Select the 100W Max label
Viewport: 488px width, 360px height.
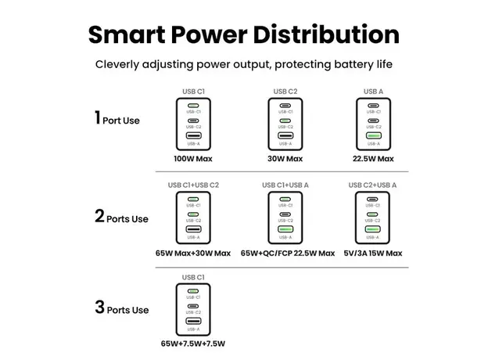coord(194,159)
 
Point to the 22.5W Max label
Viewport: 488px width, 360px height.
coord(373,159)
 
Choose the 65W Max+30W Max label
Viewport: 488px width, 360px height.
coord(193,253)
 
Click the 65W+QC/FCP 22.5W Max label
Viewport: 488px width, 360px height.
coord(287,253)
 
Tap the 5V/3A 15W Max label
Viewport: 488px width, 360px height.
coord(373,253)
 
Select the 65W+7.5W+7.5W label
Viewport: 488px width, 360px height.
coord(193,344)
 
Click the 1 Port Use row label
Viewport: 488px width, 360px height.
coord(117,120)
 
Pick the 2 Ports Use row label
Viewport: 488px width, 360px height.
coord(121,218)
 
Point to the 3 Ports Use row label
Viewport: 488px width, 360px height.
coord(121,308)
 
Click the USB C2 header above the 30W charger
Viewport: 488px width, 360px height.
coord(285,92)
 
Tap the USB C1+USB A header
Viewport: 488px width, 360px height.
coord(285,185)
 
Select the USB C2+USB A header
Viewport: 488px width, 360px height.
coord(373,185)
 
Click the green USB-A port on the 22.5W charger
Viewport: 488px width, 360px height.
coord(373,138)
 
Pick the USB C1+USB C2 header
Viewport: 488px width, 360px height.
coord(193,185)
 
